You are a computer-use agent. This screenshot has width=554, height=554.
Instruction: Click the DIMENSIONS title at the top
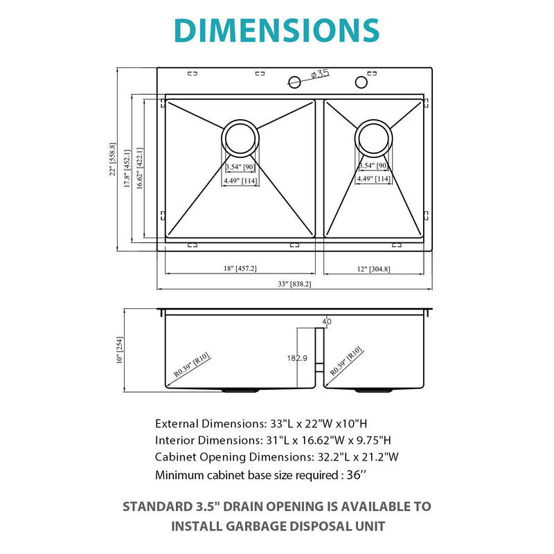(276, 30)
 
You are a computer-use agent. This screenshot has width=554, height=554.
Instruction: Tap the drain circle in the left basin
(240, 138)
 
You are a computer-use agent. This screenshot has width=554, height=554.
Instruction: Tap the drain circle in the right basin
(373, 138)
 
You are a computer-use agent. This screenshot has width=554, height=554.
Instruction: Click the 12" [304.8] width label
(373, 268)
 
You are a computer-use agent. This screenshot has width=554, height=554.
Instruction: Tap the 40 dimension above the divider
(327, 321)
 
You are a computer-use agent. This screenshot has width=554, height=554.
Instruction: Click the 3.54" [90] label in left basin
(240, 167)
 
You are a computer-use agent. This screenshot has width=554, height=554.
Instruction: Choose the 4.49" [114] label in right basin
(373, 179)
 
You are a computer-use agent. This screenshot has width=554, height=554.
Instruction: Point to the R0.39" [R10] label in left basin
(191, 365)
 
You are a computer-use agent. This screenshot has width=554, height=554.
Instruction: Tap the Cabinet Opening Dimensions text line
(277, 456)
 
